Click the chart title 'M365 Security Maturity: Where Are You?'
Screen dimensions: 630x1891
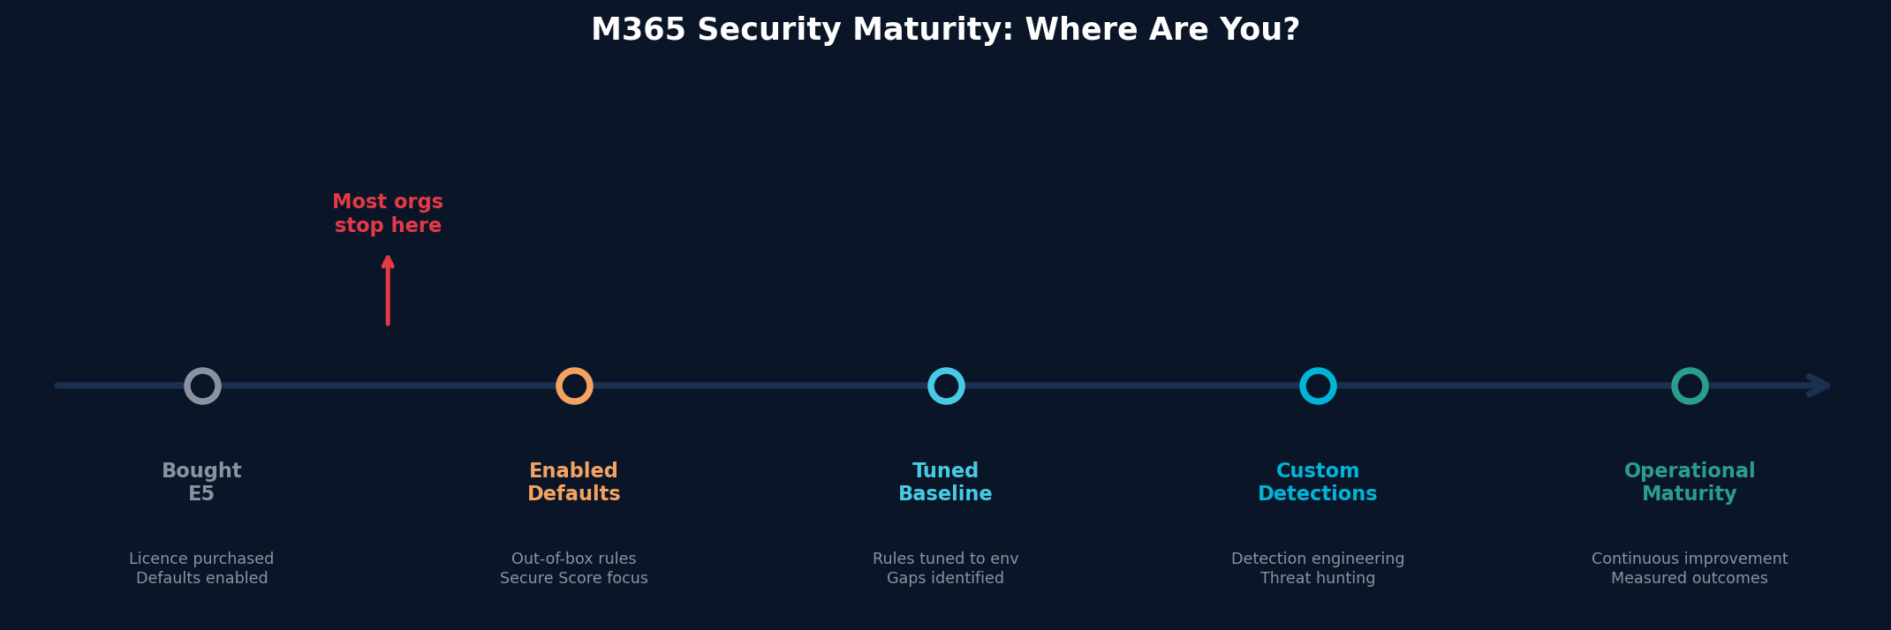[x=945, y=30]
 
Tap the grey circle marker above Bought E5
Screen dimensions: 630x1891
[x=202, y=386]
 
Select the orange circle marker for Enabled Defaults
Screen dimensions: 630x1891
[x=574, y=386]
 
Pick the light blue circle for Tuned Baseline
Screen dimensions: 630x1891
[x=946, y=386]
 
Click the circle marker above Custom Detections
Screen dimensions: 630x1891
[x=1318, y=386]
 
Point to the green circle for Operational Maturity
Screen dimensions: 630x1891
[x=1690, y=386]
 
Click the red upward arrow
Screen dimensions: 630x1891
[x=388, y=290]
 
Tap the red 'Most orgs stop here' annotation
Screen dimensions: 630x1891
[x=388, y=214]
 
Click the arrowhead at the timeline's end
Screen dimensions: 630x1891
[x=1819, y=386]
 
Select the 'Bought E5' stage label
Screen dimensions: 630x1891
[x=201, y=482]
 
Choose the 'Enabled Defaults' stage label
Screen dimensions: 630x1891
[x=574, y=482]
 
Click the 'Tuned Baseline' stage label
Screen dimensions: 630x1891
[x=945, y=482]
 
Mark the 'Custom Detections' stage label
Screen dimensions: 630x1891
[x=1318, y=482]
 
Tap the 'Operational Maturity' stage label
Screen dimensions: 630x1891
[x=1690, y=482]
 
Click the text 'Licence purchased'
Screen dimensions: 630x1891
[x=201, y=559]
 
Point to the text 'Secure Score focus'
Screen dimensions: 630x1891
[x=574, y=578]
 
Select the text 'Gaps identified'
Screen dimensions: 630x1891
[x=945, y=578]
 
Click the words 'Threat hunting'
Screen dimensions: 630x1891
[x=1318, y=578]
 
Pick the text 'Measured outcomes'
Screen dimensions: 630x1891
[x=1690, y=578]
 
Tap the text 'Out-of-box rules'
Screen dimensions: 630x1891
[x=574, y=559]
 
